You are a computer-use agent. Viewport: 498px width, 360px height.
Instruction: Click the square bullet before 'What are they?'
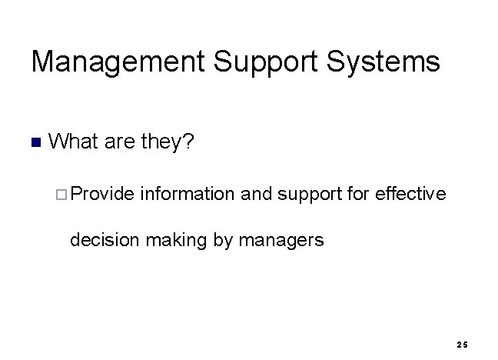pos(34,142)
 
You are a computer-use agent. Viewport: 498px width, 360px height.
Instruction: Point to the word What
pos(74,142)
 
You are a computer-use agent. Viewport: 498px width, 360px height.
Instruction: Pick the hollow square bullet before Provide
pos(62,194)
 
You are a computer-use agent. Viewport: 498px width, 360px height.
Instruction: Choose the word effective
pos(410,193)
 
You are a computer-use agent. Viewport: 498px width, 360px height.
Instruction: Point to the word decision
pos(102,241)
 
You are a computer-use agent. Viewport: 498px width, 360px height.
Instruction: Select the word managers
pos(281,241)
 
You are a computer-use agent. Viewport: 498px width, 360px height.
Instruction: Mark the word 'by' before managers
pos(222,241)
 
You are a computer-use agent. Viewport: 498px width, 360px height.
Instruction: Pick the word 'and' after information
pos(256,193)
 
